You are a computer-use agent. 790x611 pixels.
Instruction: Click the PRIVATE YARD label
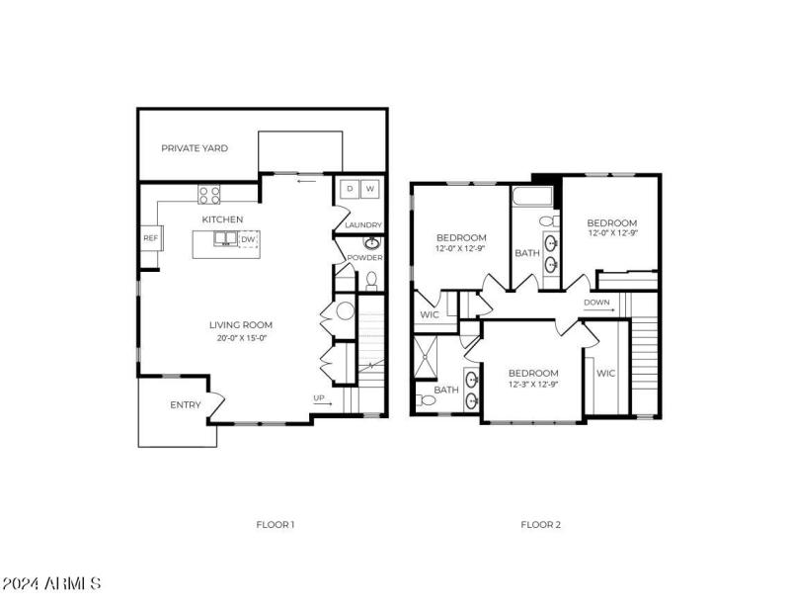[x=195, y=148]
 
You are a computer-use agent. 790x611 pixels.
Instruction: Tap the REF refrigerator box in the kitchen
[x=150, y=238]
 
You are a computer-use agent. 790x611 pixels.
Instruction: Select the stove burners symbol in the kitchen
[x=209, y=193]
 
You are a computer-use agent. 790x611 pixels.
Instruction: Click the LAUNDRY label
[x=362, y=225]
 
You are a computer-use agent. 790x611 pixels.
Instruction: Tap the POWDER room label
[x=362, y=258]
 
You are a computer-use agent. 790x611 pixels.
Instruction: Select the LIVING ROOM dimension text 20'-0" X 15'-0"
[x=241, y=338]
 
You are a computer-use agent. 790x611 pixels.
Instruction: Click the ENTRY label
[x=186, y=405]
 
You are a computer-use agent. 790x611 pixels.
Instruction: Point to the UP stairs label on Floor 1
[x=319, y=398]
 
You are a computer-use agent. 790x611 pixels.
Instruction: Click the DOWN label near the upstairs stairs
[x=597, y=303]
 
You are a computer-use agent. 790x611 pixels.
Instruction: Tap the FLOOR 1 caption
[x=276, y=524]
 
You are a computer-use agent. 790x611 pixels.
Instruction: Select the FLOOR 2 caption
[x=541, y=524]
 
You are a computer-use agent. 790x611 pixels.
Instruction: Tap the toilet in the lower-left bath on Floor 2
[x=423, y=400]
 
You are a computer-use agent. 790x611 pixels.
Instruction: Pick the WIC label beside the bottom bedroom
[x=605, y=374]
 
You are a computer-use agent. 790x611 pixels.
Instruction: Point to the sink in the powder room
[x=372, y=243]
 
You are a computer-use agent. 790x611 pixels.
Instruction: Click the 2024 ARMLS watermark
[x=51, y=583]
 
